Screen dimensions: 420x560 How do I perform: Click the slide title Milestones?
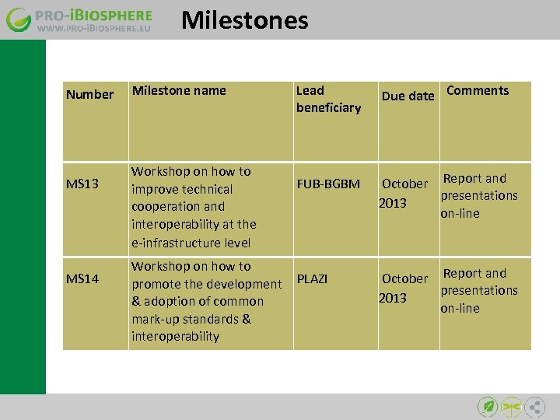click(x=244, y=20)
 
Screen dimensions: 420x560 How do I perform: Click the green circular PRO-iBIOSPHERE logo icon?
click(x=19, y=20)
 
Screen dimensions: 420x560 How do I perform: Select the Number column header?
click(x=89, y=94)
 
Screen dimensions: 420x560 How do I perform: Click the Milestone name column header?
click(x=179, y=90)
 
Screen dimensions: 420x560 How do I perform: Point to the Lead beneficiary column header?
click(x=328, y=99)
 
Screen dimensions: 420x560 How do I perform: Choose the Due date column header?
click(x=408, y=96)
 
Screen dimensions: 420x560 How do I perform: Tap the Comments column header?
click(x=478, y=90)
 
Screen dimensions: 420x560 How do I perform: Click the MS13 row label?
click(x=82, y=184)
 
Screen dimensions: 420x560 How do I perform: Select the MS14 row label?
click(x=82, y=278)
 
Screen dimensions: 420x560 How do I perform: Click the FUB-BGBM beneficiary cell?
click(x=328, y=184)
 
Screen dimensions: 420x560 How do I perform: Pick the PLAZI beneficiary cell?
click(x=312, y=278)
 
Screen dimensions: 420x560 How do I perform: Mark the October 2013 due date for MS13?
click(x=404, y=193)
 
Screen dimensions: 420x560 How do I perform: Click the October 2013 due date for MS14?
click(x=404, y=288)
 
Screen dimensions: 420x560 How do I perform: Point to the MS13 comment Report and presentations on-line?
click(x=478, y=196)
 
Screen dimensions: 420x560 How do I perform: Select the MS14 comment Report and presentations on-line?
click(x=478, y=291)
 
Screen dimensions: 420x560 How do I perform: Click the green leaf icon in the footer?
click(x=487, y=406)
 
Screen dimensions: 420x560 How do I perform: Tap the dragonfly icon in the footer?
click(x=511, y=406)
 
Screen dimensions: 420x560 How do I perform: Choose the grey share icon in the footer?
click(x=535, y=406)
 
